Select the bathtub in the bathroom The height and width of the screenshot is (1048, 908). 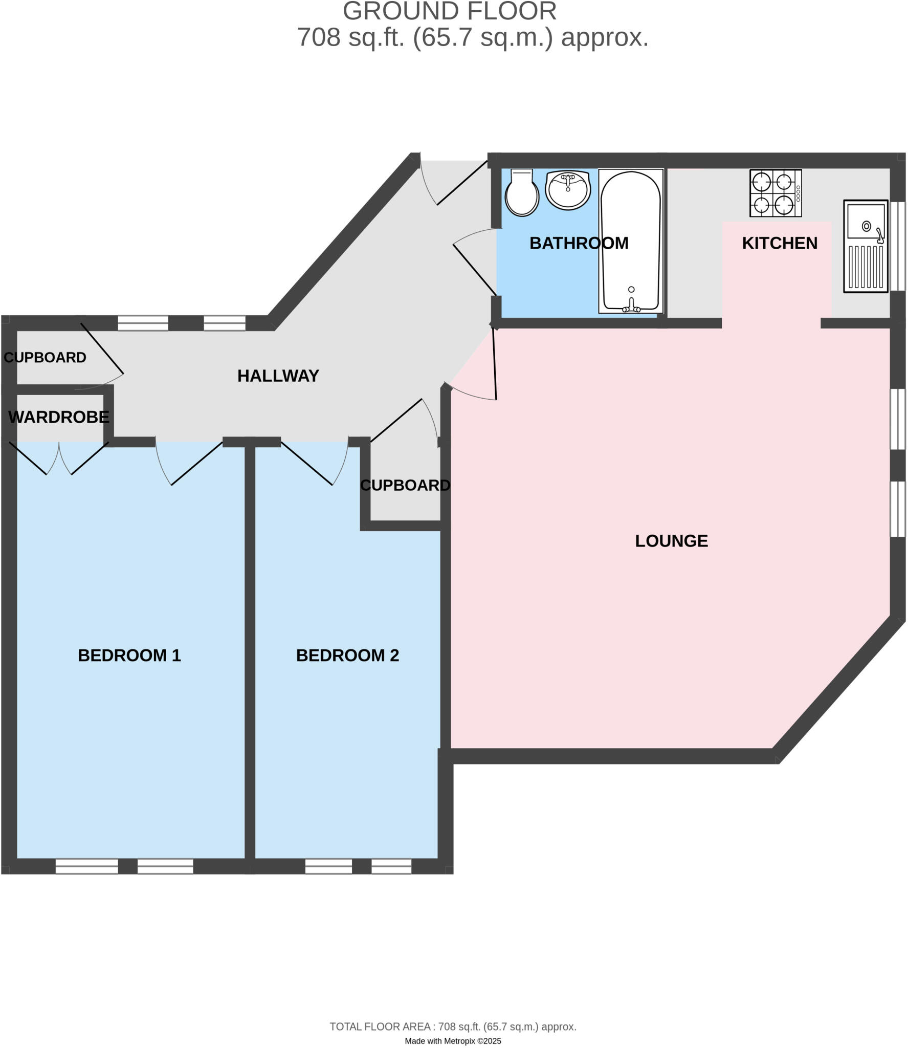click(x=631, y=241)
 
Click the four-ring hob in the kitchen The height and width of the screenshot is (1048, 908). click(x=775, y=193)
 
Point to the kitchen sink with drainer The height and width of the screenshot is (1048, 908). click(x=866, y=246)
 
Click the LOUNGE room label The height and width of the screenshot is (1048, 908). click(x=671, y=541)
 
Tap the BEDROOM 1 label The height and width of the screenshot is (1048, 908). click(x=129, y=656)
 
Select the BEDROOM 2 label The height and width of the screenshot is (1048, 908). click(x=347, y=656)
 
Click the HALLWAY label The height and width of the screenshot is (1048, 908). click(x=278, y=376)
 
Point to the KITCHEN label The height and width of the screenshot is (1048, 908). click(x=780, y=244)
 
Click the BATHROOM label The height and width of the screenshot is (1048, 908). click(x=579, y=244)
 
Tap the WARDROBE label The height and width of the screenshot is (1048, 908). click(x=59, y=417)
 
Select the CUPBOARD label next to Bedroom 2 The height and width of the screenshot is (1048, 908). click(x=405, y=485)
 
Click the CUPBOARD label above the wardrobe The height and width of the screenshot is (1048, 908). click(x=45, y=358)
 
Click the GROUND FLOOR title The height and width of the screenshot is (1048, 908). click(x=450, y=11)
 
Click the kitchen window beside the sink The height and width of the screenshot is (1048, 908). click(x=898, y=246)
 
